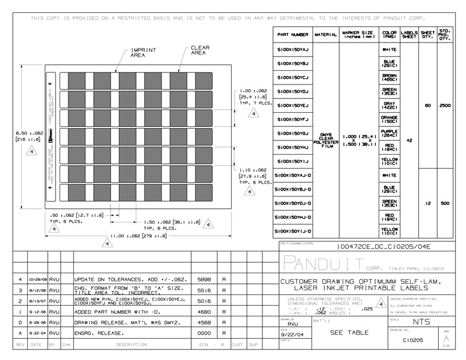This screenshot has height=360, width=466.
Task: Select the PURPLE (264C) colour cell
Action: pyautogui.click(x=389, y=133)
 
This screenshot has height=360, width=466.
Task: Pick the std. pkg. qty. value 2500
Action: pyautogui.click(x=445, y=105)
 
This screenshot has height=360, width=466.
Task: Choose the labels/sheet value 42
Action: pyautogui.click(x=409, y=140)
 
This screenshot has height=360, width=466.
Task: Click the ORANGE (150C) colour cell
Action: pyautogui.click(x=389, y=119)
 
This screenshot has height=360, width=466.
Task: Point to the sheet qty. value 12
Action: pyautogui.click(x=428, y=203)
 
